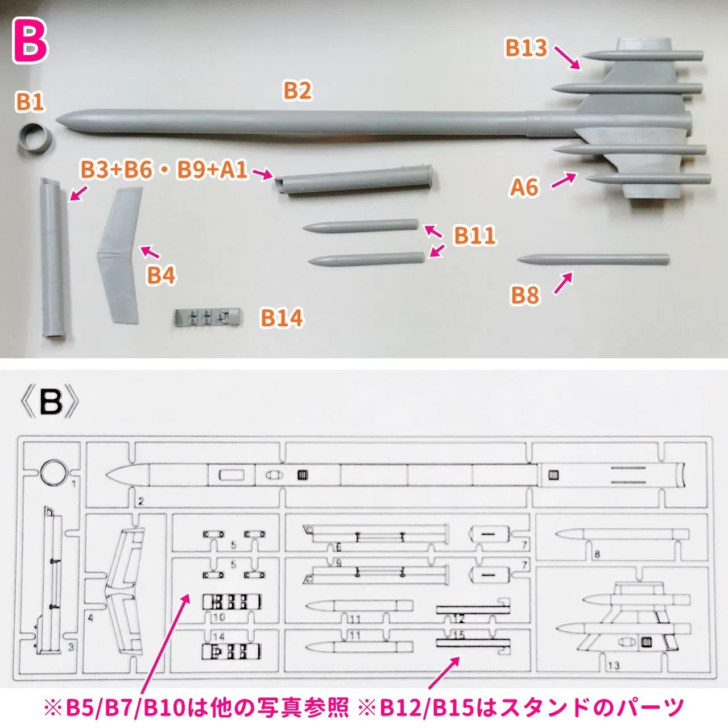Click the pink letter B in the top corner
pos(30,41)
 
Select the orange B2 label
pos(297,91)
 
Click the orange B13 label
pos(526,48)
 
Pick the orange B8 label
pos(525,295)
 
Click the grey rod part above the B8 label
pos(593,259)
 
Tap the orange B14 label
pos(282,318)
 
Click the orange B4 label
pos(162,275)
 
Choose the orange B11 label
pos(474,235)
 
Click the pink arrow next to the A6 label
pos(564,180)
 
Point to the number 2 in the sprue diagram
pos(141,501)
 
